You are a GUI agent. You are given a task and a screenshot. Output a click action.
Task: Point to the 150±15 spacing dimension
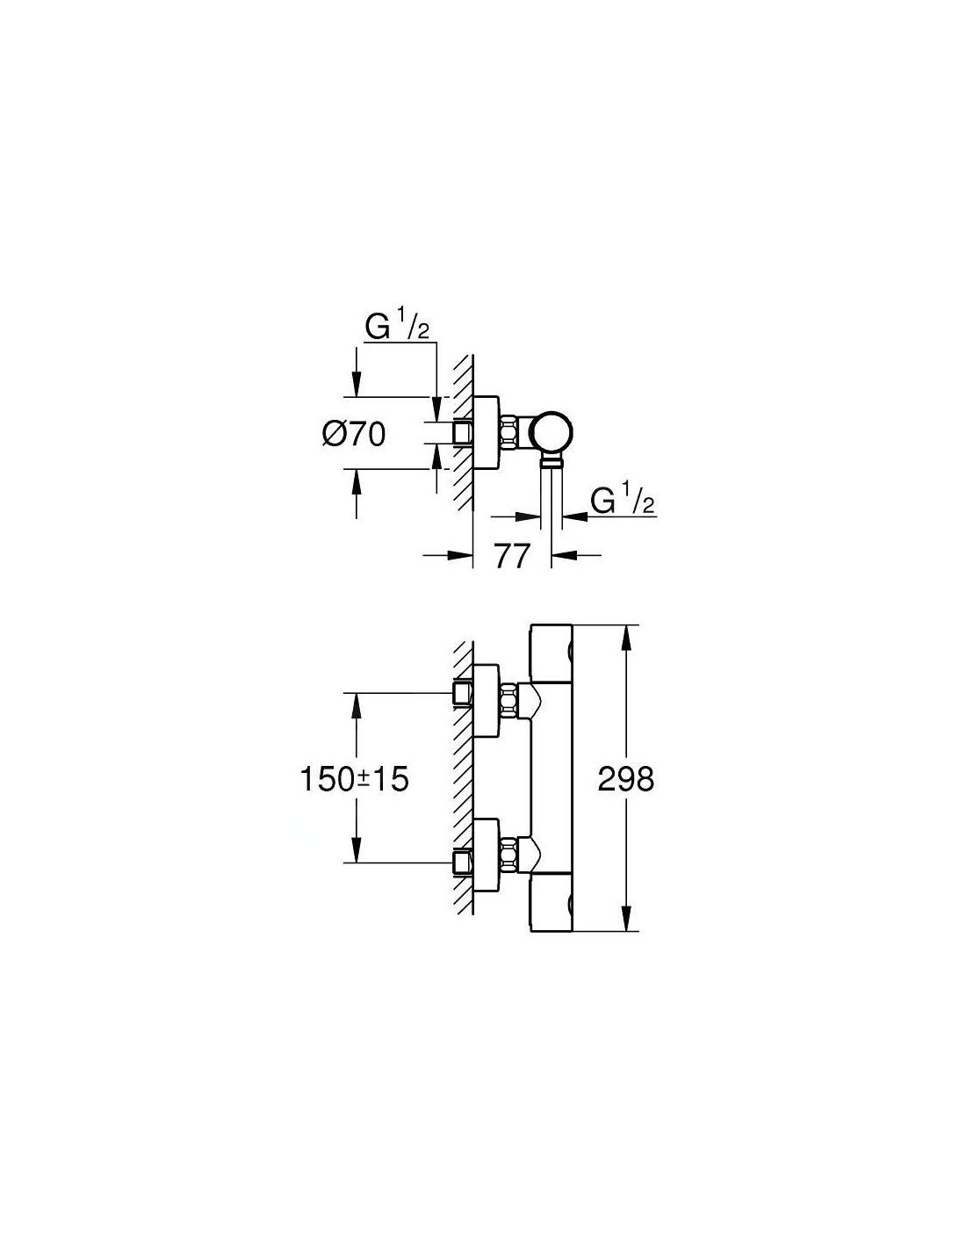pos(354,780)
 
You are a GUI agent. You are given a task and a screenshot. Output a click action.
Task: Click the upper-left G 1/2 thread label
pos(397,328)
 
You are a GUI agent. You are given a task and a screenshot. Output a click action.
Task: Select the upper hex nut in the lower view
pos(508,700)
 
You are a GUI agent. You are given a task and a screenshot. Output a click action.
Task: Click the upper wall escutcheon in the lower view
pos(487,701)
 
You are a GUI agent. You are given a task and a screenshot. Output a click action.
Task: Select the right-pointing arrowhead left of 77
pos(459,555)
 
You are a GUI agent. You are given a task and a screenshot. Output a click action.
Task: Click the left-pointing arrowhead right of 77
pos(564,555)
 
